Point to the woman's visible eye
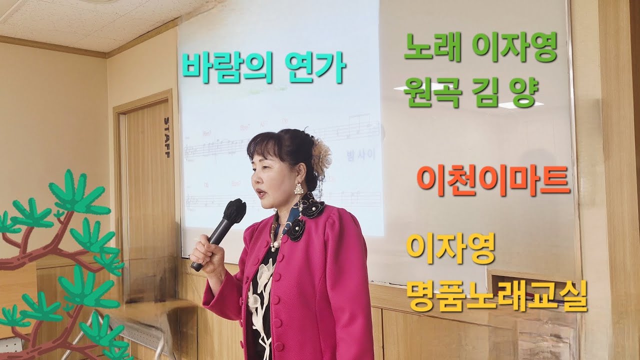tap(264, 167)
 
